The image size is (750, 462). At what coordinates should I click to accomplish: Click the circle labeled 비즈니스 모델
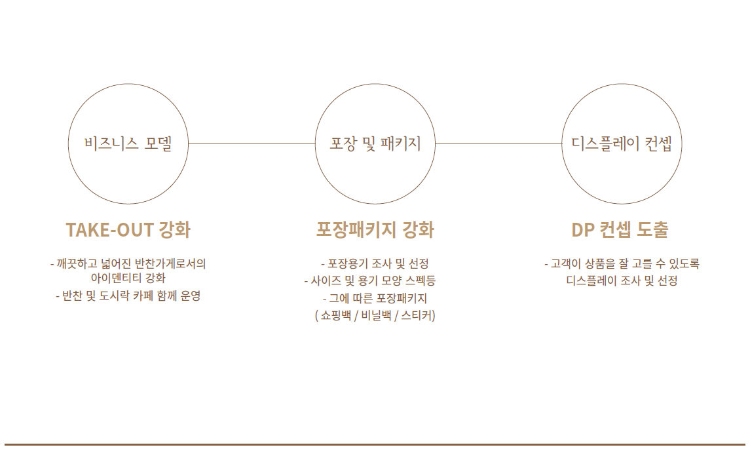pos(128,144)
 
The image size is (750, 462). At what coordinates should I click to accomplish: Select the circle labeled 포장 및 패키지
pos(375,144)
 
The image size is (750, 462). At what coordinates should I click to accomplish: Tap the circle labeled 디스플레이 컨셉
pos(622,144)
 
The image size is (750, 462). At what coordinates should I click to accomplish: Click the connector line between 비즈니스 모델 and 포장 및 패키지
pos(252,144)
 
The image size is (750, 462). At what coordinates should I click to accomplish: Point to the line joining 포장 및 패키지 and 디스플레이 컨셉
pos(498,144)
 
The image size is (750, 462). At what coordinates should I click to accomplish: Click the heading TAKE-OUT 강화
pos(128,230)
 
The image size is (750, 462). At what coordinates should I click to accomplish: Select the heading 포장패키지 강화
pos(375,230)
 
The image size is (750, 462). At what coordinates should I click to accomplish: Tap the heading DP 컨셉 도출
pos(620,230)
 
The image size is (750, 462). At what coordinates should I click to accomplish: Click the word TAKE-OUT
pos(109,230)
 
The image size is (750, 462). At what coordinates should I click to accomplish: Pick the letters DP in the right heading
pos(582,230)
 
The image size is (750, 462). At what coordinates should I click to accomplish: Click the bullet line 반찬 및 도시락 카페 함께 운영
pos(128,296)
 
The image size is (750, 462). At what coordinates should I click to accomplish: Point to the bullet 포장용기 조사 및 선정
pos(375,264)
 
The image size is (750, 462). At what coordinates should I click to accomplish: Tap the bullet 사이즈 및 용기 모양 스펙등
pos(370,281)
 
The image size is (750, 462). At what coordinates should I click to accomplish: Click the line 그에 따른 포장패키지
pos(375,298)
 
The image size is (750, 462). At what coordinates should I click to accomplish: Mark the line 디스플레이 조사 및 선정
pos(622,281)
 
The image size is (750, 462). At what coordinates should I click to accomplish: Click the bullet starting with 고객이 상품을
pos(622,264)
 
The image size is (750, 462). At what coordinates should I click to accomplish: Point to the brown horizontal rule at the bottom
pos(375,444)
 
